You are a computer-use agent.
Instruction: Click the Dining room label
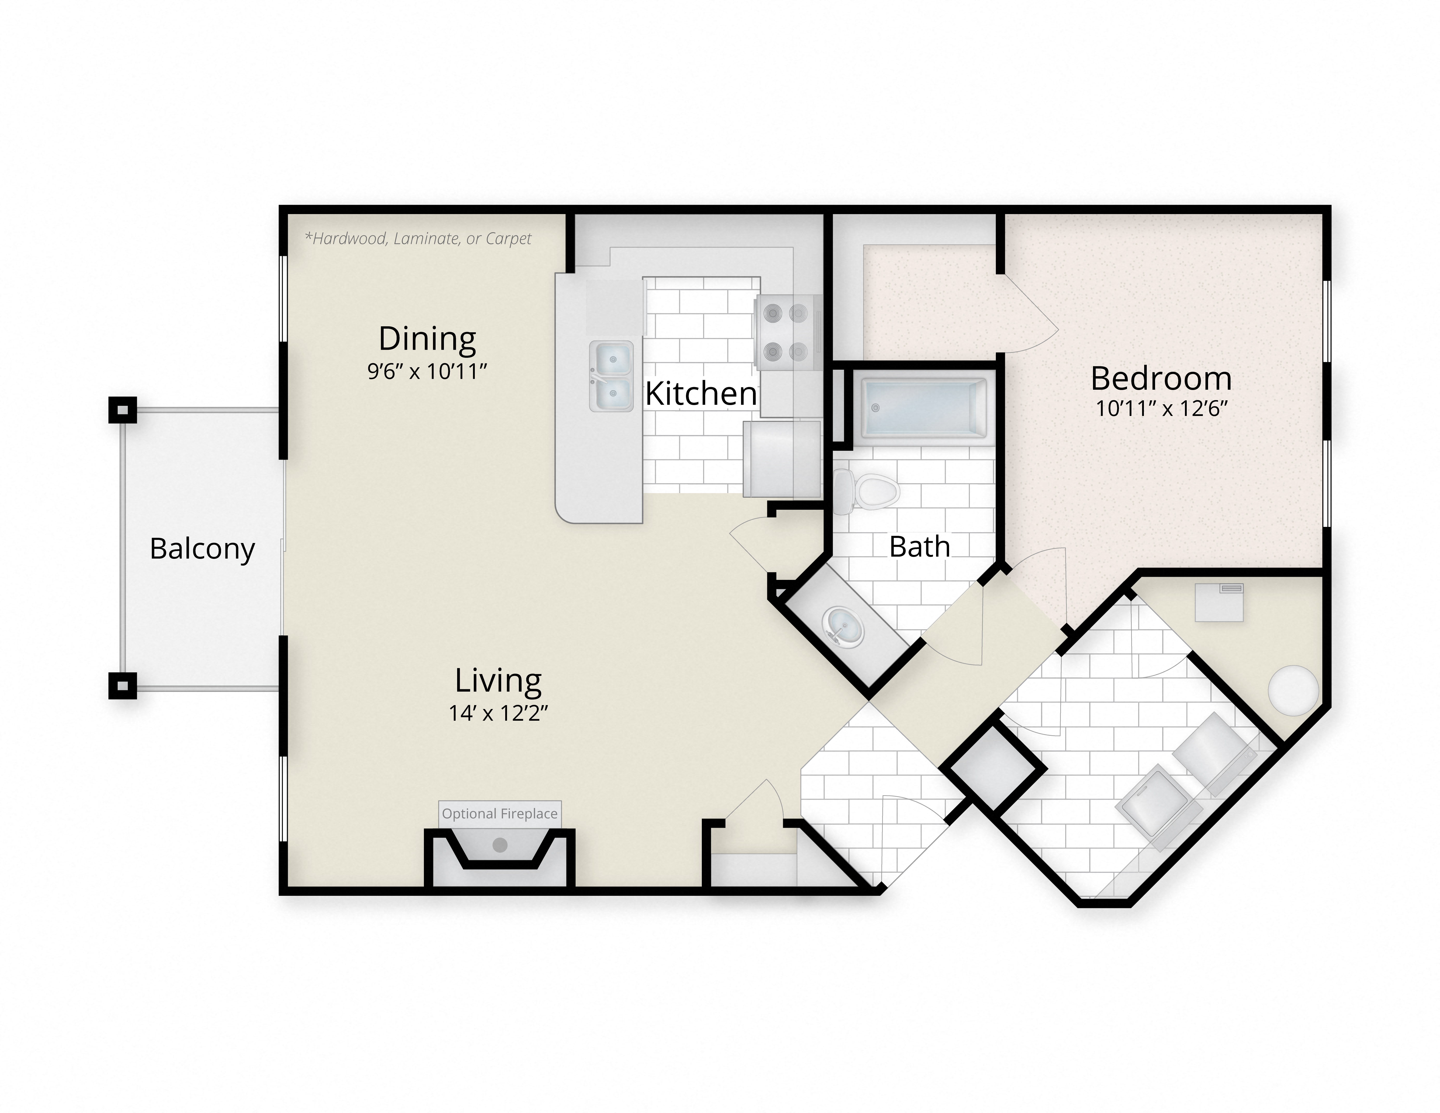(x=427, y=339)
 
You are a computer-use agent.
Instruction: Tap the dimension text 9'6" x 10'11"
(x=427, y=372)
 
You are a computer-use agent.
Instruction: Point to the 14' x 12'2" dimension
(x=498, y=713)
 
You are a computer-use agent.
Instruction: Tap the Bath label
(x=920, y=547)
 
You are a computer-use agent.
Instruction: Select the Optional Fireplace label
(x=500, y=814)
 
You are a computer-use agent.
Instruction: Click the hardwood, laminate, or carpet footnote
(x=418, y=239)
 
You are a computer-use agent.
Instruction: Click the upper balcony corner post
(x=122, y=409)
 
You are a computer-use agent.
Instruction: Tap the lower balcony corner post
(x=122, y=686)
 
